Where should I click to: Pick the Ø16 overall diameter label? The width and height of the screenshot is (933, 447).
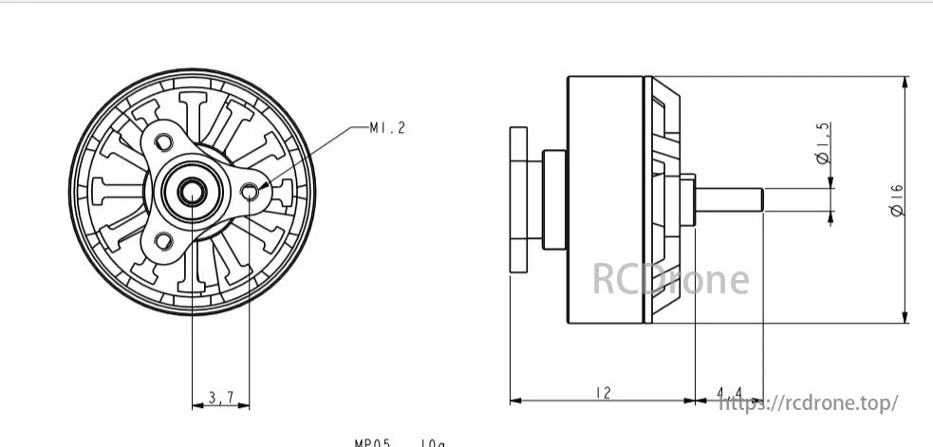pos(896,200)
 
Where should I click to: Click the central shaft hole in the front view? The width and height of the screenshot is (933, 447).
pos(192,192)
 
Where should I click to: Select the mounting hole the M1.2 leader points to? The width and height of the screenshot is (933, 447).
pos(250,193)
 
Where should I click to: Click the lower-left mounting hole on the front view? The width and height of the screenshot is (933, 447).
pos(163,240)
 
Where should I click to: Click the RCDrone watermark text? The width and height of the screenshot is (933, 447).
pos(670,279)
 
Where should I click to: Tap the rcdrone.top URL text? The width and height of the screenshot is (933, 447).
pos(809,403)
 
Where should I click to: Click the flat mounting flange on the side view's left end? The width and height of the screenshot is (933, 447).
pos(518,200)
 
